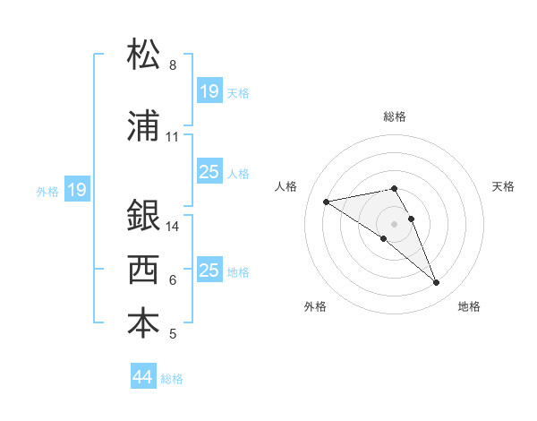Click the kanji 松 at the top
point(144,53)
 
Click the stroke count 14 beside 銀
point(174,227)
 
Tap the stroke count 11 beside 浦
point(173,137)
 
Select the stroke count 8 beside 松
point(173,65)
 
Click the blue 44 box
point(143,377)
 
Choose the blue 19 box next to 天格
point(209,90)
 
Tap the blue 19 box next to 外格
point(76,189)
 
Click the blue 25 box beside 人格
point(209,172)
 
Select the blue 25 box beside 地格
point(209,271)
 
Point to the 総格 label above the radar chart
point(395,116)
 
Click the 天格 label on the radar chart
point(504,186)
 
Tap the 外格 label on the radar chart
point(315,306)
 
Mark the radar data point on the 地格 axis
point(437,283)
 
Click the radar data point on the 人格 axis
point(327,201)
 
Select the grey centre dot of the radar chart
point(395,223)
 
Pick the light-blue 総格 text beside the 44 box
point(172,379)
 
